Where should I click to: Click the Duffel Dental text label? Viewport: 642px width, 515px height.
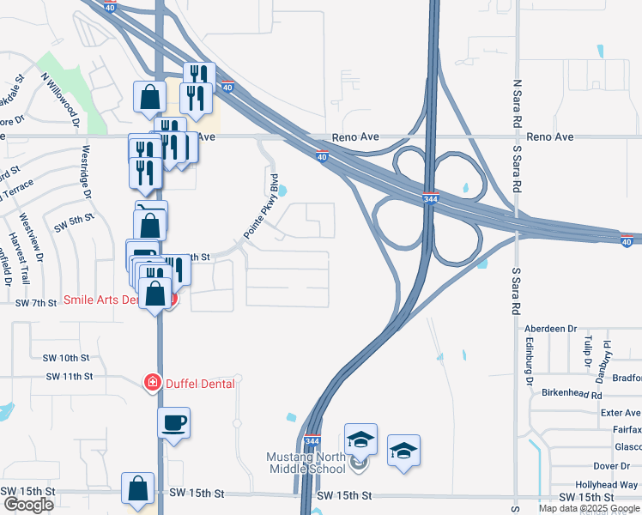point(199,384)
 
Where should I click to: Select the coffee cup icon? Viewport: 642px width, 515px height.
point(174,422)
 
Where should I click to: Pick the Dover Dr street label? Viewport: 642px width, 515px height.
point(612,465)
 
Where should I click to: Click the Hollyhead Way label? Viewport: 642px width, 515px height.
point(605,485)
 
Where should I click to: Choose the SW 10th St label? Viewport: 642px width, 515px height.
point(67,357)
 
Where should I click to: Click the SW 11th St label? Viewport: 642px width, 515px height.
point(68,376)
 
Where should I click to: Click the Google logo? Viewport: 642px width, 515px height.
point(28,505)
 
